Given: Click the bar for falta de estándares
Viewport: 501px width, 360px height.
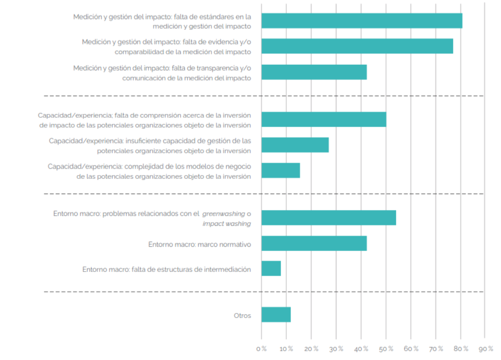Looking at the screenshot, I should pyautogui.click(x=361, y=21).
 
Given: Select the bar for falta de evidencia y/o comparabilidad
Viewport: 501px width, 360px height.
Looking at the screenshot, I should pyautogui.click(x=357, y=46).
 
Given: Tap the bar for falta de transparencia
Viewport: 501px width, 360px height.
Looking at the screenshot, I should pyautogui.click(x=314, y=72).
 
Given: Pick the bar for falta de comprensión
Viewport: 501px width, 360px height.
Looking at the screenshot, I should pyautogui.click(x=324, y=120).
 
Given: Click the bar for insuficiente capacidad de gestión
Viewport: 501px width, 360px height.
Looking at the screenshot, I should pyautogui.click(x=295, y=145).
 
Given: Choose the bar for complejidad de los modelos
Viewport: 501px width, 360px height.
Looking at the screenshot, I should pyautogui.click(x=280, y=170).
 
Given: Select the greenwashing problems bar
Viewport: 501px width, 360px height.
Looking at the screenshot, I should pyautogui.click(x=328, y=218).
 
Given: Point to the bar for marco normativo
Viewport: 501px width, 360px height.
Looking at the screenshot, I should pyautogui.click(x=314, y=244).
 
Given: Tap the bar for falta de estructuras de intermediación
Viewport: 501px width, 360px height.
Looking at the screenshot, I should pyautogui.click(x=271, y=269).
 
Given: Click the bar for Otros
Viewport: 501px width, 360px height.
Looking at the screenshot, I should pyautogui.click(x=276, y=315).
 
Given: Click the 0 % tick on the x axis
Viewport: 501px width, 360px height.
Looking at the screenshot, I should pyautogui.click(x=261, y=349).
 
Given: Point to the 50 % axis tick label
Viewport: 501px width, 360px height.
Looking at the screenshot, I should pyautogui.click(x=386, y=349).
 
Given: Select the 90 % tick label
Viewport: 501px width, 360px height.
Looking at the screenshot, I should pyautogui.click(x=485, y=349).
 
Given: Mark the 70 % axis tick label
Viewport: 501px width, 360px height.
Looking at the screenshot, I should pyautogui.click(x=436, y=349).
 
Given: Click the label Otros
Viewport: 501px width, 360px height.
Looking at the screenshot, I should pyautogui.click(x=242, y=316).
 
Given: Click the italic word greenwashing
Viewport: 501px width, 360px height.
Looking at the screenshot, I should pyautogui.click(x=223, y=214).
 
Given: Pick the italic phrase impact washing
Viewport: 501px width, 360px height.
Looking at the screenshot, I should pyautogui.click(x=226, y=224).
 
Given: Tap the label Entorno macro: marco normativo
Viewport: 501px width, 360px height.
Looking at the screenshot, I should pyautogui.click(x=199, y=244).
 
